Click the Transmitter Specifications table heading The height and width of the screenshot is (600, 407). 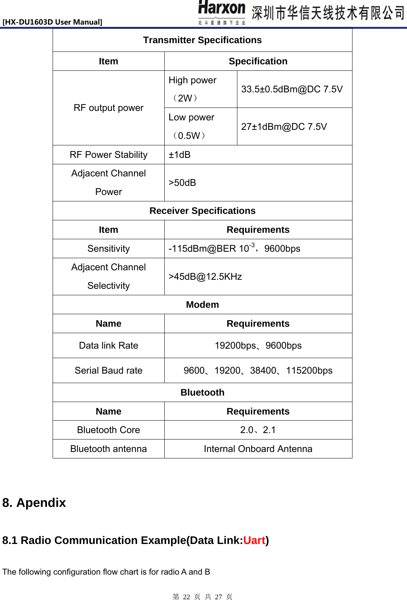(x=202, y=40)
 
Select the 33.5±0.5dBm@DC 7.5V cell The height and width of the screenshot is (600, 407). (x=292, y=89)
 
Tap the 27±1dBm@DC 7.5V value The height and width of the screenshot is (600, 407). (x=284, y=126)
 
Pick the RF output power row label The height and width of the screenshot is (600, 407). (x=109, y=108)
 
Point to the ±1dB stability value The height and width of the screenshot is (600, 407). (x=179, y=155)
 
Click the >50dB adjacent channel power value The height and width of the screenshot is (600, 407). (x=182, y=183)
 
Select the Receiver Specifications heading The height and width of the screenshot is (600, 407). (x=202, y=211)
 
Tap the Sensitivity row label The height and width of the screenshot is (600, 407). (x=109, y=249)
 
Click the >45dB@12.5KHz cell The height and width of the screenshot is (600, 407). (x=205, y=277)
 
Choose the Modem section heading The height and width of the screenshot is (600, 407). (x=202, y=305)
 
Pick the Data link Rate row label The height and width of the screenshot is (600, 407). (x=109, y=346)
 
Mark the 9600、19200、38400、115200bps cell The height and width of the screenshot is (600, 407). (x=258, y=371)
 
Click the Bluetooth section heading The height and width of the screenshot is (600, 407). (x=202, y=393)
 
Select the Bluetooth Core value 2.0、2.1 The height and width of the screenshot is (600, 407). (x=258, y=430)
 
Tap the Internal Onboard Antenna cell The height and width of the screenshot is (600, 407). (x=258, y=449)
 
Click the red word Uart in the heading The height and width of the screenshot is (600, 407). (x=254, y=541)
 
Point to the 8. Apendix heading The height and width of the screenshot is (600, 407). (x=34, y=503)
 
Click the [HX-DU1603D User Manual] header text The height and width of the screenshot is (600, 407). (x=52, y=22)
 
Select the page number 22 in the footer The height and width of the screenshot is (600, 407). (x=186, y=597)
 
